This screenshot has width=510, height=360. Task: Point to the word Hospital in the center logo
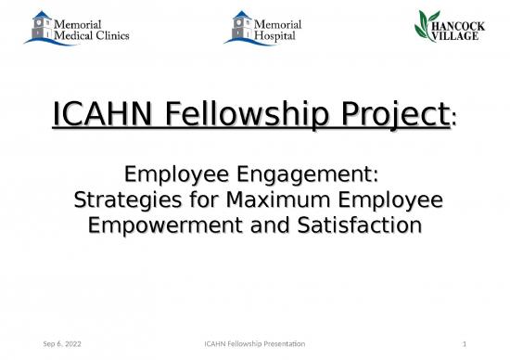coord(275,36)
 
